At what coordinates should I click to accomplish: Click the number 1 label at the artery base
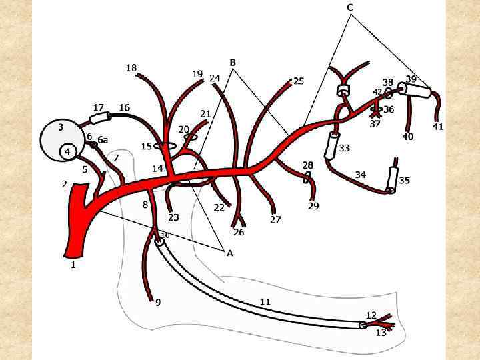(73, 265)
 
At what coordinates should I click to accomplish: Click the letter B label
(233, 63)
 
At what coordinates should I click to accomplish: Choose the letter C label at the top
(350, 7)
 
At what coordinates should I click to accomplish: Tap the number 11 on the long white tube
(265, 302)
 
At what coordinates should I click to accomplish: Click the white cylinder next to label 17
(101, 119)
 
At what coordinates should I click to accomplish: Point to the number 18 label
(131, 67)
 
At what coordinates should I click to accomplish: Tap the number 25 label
(299, 81)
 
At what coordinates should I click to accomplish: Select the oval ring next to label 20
(191, 137)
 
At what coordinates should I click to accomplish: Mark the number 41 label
(438, 127)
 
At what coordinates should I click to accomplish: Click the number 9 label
(158, 303)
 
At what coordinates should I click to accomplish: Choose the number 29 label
(313, 206)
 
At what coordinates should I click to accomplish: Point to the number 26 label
(239, 232)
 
